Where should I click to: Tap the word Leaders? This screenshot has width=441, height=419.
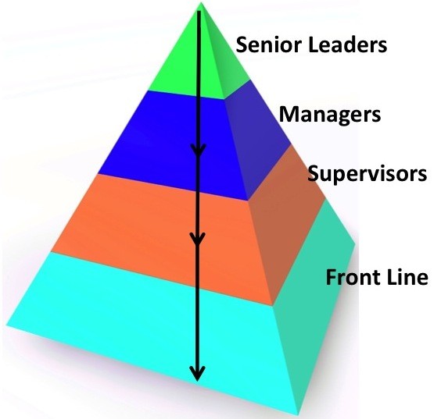(348, 44)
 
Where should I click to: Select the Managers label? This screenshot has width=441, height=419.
(330, 115)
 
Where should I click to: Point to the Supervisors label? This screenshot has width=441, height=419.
(367, 173)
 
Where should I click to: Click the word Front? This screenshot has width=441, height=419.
(349, 277)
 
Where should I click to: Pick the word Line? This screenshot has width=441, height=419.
(403, 277)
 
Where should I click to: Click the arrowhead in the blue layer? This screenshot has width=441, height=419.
(199, 149)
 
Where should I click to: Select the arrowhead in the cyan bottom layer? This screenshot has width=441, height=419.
(198, 374)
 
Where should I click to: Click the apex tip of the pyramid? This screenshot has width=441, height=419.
(201, 2)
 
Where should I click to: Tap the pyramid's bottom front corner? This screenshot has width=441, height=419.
(298, 415)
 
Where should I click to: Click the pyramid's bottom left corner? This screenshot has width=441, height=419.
(7, 325)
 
